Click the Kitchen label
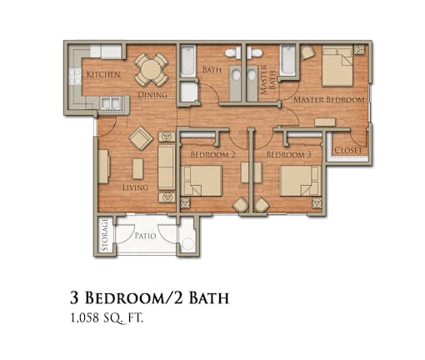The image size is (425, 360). click(x=103, y=74)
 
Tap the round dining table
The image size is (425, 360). click(x=152, y=70)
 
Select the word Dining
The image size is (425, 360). click(x=152, y=94)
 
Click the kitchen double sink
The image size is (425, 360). click(x=111, y=103)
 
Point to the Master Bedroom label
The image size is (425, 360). click(x=329, y=100)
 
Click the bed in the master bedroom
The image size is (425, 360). click(x=337, y=67)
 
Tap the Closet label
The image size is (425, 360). click(x=348, y=150)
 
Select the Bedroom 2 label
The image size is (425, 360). click(x=213, y=154)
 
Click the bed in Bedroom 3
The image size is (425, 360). click(x=300, y=181)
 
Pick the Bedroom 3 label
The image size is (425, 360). click(x=289, y=154)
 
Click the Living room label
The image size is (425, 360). click(x=135, y=187)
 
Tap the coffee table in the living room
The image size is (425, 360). click(x=137, y=168)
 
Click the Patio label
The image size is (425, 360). click(x=145, y=236)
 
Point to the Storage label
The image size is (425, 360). click(x=104, y=234)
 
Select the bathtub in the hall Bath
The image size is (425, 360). click(x=187, y=61)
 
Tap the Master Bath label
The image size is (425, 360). click(x=268, y=80)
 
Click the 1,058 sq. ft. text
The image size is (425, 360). click(x=107, y=318)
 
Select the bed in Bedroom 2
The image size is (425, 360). click(x=202, y=181)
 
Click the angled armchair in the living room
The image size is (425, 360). click(x=141, y=138)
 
